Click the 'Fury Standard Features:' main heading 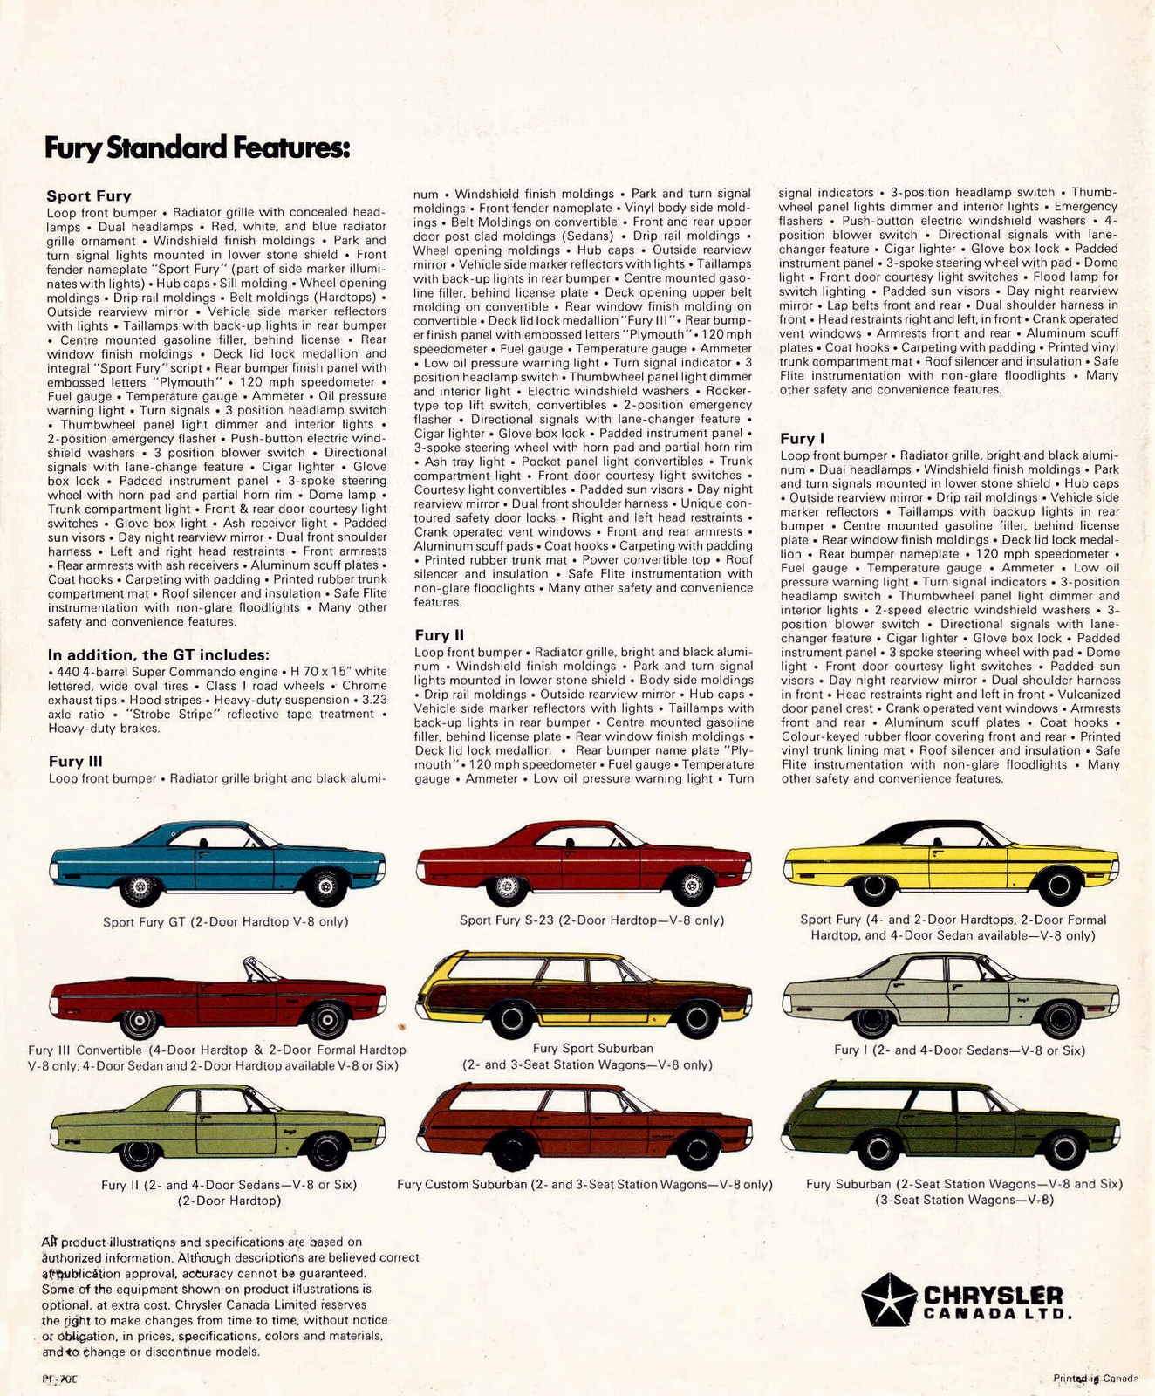[197, 148]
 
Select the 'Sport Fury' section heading [88, 196]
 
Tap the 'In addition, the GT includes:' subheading [158, 654]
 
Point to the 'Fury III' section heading [75, 762]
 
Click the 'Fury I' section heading [802, 439]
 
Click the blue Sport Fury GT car [217, 859]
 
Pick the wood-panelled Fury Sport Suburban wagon [584, 995]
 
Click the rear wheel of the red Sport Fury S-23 [504, 888]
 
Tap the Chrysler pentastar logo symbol [888, 1298]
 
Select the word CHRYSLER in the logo [993, 1295]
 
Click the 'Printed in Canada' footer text [1095, 1379]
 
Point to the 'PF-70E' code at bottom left [59, 1379]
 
